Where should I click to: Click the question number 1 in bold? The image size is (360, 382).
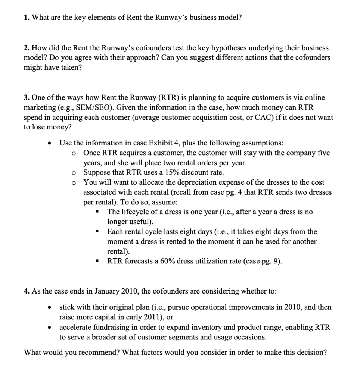click(26, 18)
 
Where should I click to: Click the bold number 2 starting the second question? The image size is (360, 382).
click(26, 48)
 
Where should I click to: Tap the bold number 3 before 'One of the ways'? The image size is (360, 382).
click(26, 97)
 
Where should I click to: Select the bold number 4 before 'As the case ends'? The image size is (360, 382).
click(26, 291)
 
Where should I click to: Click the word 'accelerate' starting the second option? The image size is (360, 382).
click(75, 327)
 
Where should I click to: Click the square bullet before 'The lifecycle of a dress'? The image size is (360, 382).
click(97, 212)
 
